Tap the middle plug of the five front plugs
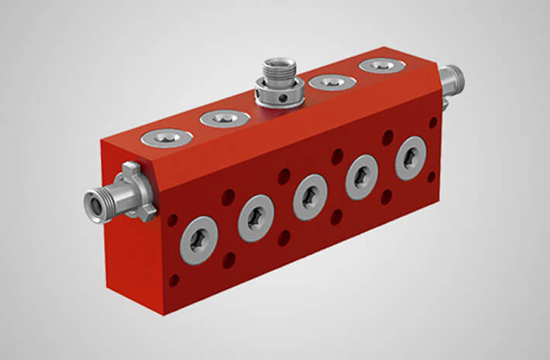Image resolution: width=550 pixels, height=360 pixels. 310,197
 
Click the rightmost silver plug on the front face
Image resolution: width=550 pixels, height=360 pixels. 411,158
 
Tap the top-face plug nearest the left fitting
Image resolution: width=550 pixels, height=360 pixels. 167,138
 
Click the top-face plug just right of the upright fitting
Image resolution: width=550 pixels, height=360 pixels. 332,81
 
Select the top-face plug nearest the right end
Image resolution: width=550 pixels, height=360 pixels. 381,66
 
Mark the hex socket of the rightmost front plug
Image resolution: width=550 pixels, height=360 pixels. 411,158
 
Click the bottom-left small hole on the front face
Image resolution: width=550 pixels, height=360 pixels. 174,280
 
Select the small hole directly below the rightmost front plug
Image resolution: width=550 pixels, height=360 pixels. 431,177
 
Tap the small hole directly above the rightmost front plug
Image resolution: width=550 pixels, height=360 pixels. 387,137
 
